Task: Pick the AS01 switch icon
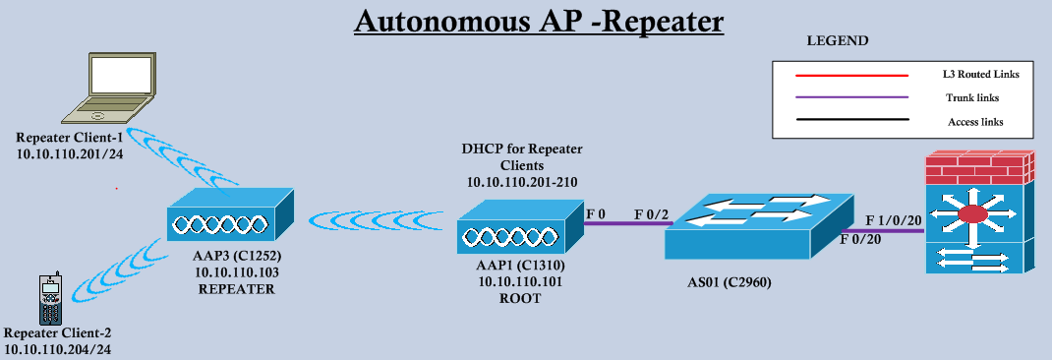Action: point(756,225)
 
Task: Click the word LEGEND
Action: point(837,41)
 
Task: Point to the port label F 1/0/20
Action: point(892,219)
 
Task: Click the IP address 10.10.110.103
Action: point(234,270)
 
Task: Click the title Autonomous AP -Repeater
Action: point(538,22)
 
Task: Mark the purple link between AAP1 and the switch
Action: point(626,224)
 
